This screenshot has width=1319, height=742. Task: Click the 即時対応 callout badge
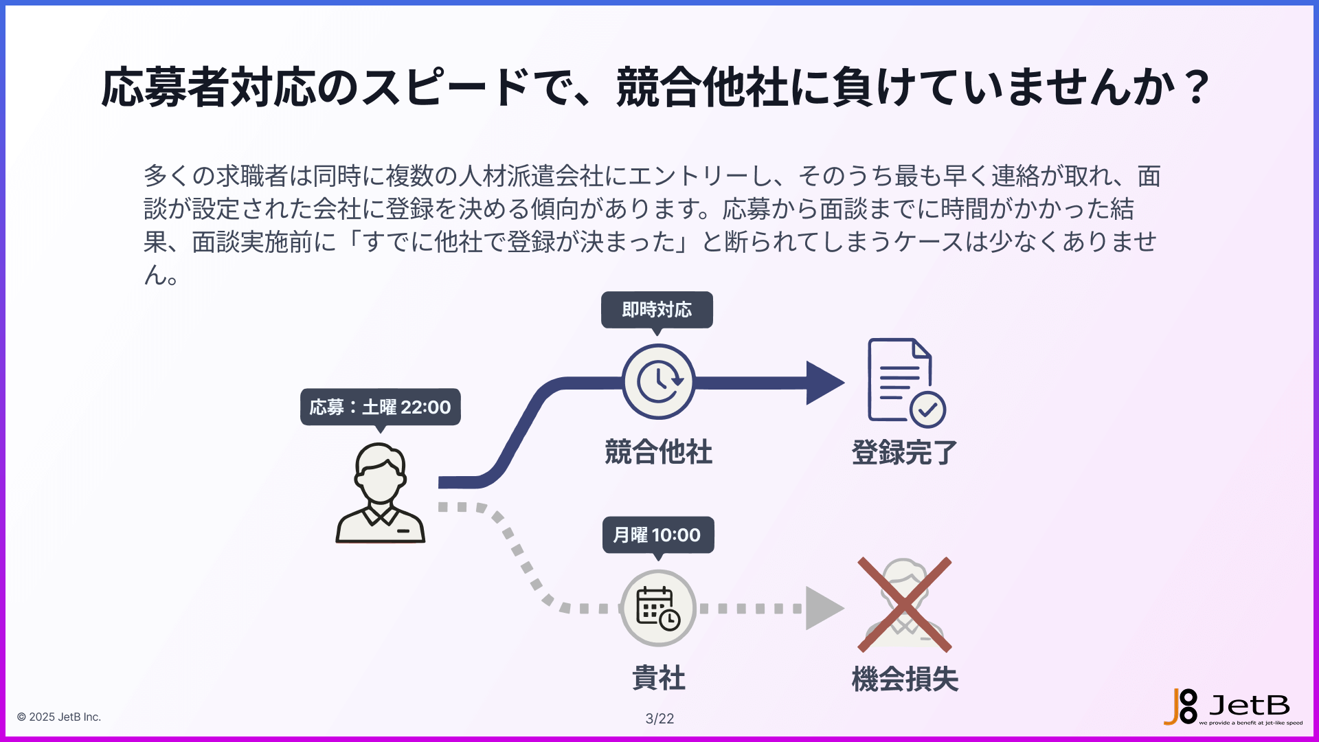(x=657, y=310)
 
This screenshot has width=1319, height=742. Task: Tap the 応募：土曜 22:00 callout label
(x=380, y=407)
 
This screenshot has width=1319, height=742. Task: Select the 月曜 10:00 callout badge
(x=657, y=535)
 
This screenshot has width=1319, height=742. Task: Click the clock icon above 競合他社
(x=658, y=381)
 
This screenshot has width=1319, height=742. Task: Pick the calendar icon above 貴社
(x=658, y=608)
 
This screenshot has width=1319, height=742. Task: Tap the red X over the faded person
(x=904, y=605)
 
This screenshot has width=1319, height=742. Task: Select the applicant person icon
(x=380, y=493)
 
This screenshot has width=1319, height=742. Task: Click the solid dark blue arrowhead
(x=824, y=383)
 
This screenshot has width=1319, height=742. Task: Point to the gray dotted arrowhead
(x=823, y=608)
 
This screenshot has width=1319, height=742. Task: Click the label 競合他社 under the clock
(x=658, y=452)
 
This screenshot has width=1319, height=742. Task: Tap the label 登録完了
(x=904, y=452)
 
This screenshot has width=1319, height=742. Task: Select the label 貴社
(x=658, y=678)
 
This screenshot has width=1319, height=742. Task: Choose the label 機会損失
(x=904, y=679)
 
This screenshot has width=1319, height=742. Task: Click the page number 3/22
(x=659, y=719)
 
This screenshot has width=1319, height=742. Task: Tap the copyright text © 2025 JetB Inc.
(x=59, y=717)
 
